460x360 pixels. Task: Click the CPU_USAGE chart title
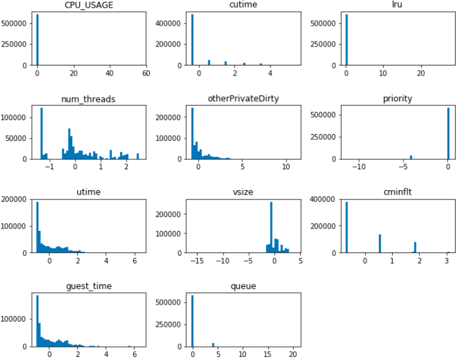[91, 6]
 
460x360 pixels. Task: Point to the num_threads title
[91, 100]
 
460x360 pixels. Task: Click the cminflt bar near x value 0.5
[379, 243]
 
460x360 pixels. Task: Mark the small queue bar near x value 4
[213, 344]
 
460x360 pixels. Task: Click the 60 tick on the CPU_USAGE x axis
[146, 74]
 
